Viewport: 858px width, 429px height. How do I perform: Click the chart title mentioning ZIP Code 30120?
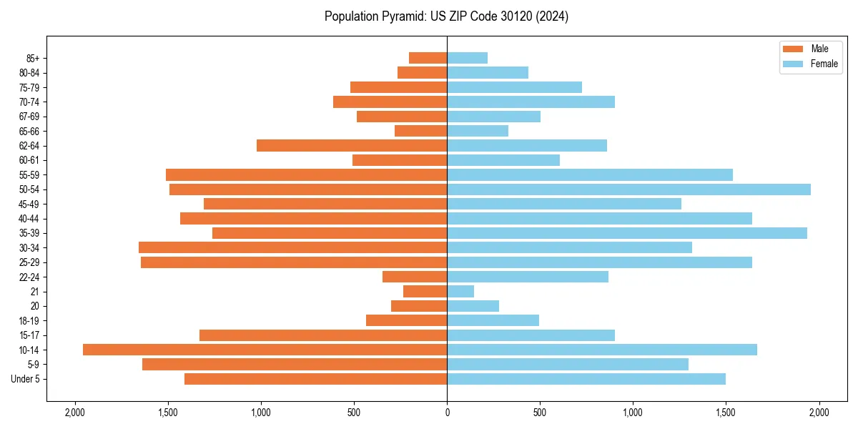(446, 16)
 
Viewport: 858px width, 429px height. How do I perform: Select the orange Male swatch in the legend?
(793, 49)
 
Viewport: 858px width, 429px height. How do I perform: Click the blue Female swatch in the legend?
(793, 64)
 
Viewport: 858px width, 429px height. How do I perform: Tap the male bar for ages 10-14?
(265, 350)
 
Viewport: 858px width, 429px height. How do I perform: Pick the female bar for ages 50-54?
(628, 189)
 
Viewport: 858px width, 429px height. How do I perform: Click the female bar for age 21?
(460, 292)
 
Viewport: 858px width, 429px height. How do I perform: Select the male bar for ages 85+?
(428, 58)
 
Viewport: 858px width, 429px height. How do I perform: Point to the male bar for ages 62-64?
(352, 146)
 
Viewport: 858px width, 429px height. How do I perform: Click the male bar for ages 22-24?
(415, 277)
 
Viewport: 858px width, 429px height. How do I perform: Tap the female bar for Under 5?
(586, 379)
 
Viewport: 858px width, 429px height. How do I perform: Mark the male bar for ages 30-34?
(292, 247)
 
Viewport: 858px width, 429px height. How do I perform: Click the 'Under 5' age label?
(26, 379)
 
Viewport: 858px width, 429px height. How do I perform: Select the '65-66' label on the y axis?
(29, 131)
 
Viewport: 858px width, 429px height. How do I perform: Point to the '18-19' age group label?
(29, 321)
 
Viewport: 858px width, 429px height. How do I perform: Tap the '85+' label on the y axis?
(31, 58)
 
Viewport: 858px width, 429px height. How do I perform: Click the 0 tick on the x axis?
(447, 413)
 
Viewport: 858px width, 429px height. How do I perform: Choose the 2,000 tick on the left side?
(74, 413)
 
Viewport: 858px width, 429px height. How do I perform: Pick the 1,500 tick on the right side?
(726, 413)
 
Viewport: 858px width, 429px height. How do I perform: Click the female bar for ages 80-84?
(488, 73)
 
